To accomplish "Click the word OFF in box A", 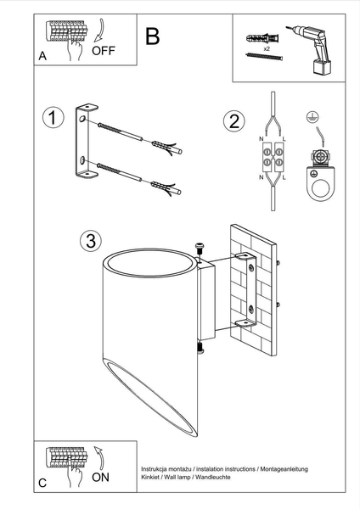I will coord(103,50).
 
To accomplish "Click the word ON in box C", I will coord(100,478).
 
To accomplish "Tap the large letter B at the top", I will coord(153,36).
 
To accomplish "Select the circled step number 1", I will coord(53,118).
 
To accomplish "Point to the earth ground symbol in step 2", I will coord(312,119).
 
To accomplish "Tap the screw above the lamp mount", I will coord(200,247).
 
